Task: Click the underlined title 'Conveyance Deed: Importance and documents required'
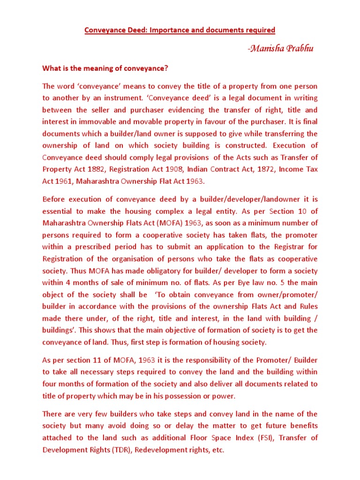pyautogui.click(x=180, y=30)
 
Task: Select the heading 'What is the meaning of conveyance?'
pyautogui.click(x=105, y=68)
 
